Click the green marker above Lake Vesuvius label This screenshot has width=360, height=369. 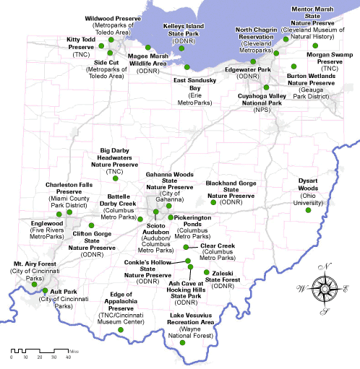tap(182, 342)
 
